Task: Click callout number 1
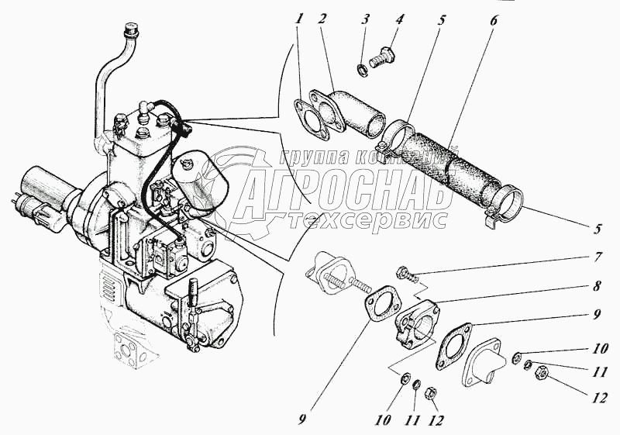pos(301,19)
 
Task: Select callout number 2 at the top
pos(322,19)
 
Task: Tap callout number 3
pos(366,19)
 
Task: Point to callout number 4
pos(400,19)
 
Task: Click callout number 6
pos(494,20)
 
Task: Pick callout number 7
pos(598,257)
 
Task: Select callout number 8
pos(598,285)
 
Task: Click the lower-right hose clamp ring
pos(505,205)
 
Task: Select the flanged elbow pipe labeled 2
pos(347,112)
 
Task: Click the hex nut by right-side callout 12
pos(539,372)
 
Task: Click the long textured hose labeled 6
pos(448,161)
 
